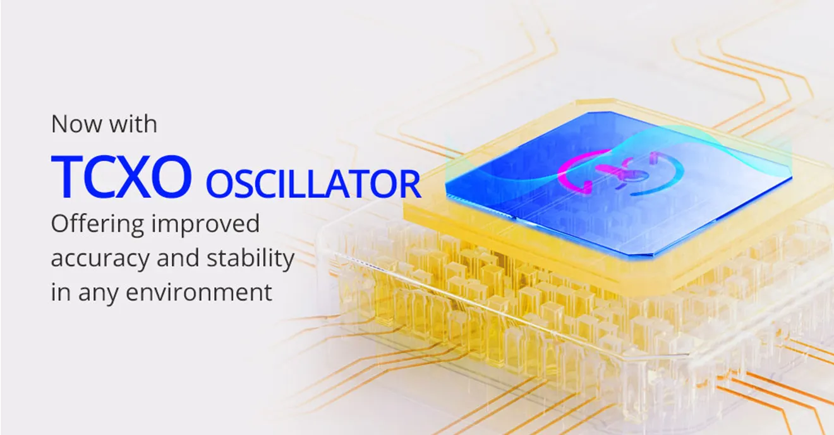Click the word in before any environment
[x=60, y=293]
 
